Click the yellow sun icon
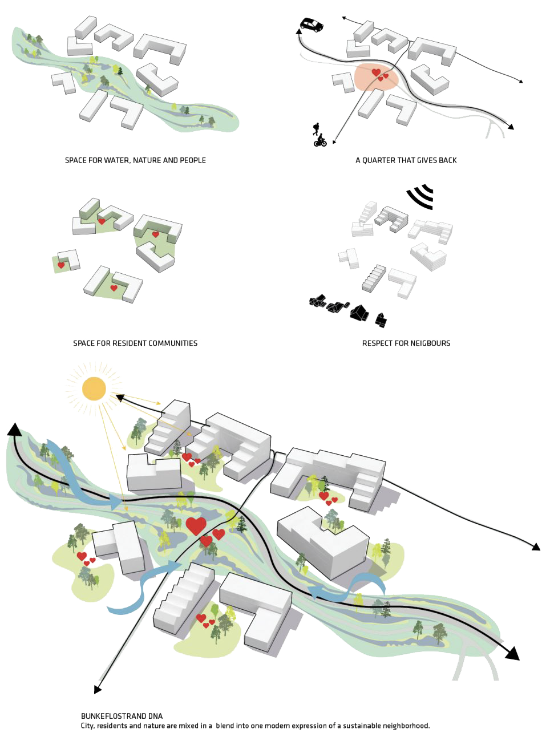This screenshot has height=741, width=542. [x=94, y=388]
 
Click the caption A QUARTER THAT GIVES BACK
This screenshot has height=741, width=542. [x=406, y=161]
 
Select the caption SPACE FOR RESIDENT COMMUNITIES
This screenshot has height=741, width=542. [x=136, y=343]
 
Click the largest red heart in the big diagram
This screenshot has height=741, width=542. [x=196, y=525]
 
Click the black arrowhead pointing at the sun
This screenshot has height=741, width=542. [x=120, y=396]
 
